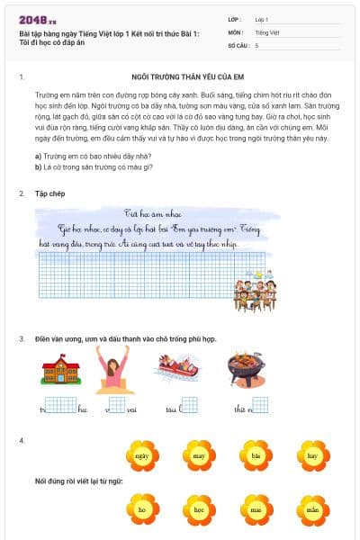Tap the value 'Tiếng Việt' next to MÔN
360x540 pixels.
point(266,31)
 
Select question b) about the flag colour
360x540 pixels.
point(87,166)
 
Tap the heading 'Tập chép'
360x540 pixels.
point(50,193)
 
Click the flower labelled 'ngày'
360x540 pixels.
point(142,456)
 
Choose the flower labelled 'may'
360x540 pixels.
point(199,456)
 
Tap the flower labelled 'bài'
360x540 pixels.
point(256,456)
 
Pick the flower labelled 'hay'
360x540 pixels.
point(312,456)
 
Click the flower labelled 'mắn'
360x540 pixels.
point(312,509)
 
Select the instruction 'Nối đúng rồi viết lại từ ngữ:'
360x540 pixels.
point(79,481)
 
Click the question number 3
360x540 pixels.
point(22,338)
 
